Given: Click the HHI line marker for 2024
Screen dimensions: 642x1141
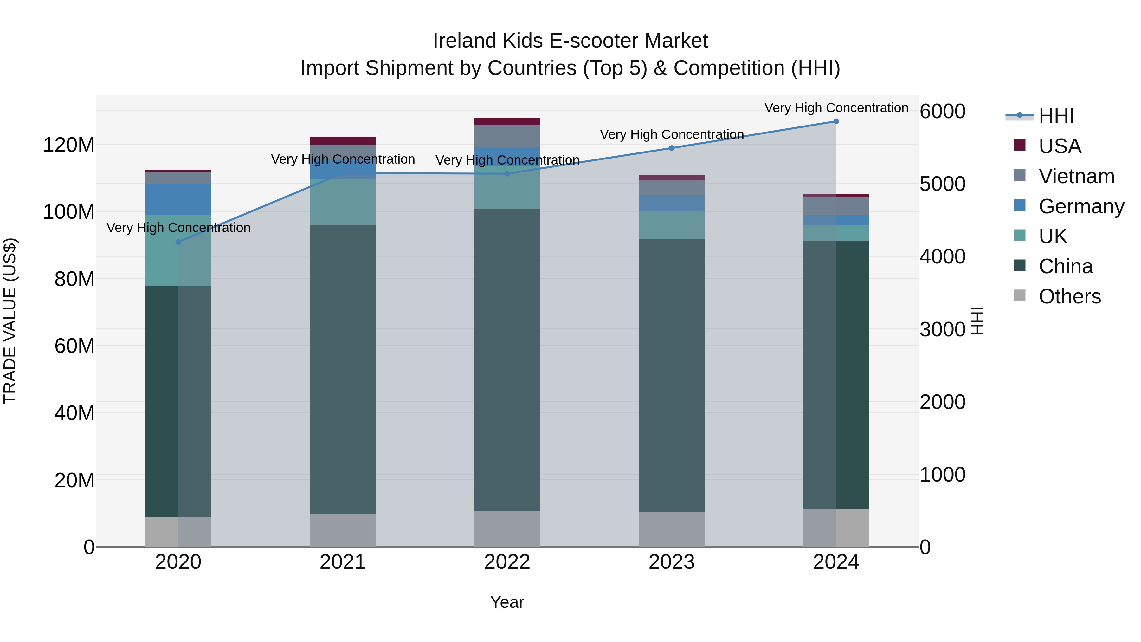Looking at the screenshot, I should (x=836, y=121).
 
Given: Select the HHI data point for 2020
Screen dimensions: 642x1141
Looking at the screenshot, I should (x=178, y=242).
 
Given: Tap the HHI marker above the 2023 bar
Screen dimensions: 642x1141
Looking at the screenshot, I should (x=672, y=148).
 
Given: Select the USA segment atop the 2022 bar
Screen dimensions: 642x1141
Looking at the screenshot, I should (x=507, y=121).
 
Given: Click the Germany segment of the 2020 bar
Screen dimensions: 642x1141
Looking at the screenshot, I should (x=178, y=200).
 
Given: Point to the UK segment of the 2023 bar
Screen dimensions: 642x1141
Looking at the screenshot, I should (x=672, y=225).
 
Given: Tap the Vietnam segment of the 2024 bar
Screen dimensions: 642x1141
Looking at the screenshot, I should (x=836, y=206).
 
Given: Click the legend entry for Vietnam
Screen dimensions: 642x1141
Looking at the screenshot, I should (x=1076, y=176).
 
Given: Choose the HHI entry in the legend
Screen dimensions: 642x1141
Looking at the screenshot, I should (x=1056, y=116).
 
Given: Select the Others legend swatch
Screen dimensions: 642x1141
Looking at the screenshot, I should (x=1020, y=295).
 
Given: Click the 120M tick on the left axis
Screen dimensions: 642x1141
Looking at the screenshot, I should (x=69, y=145).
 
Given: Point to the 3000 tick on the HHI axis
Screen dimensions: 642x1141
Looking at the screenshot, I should (x=942, y=329).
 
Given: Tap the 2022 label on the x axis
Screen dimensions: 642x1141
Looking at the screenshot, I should (x=507, y=562).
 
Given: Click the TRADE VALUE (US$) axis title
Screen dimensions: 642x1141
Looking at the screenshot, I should (x=10, y=321).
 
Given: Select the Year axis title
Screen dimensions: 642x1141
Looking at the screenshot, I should (x=507, y=602).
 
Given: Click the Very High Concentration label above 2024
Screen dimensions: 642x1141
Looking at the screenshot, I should (x=836, y=108).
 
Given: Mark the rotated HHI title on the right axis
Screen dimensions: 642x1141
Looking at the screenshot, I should (x=977, y=321).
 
